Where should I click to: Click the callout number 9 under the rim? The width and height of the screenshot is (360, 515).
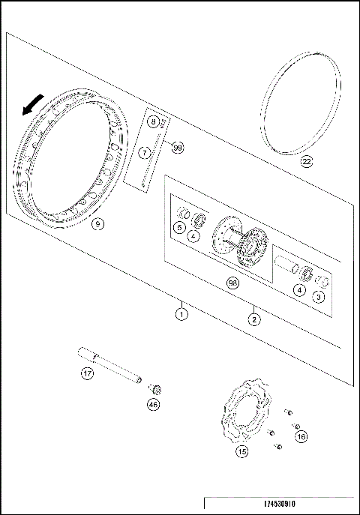[x=97, y=223]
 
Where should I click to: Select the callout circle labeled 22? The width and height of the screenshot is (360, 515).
[x=307, y=161]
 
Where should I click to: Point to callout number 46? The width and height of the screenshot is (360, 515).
[x=153, y=405]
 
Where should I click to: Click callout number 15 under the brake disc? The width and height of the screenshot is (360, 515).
[x=242, y=452]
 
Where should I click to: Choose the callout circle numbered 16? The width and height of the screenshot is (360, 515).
[x=301, y=436]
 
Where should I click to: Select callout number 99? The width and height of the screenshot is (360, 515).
[x=178, y=148]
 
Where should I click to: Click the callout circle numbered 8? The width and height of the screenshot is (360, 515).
[x=154, y=121]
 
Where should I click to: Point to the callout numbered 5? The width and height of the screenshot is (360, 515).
[x=180, y=227]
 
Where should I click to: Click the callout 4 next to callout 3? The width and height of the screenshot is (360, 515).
[x=299, y=290]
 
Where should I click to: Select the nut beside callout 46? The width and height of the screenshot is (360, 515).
[x=156, y=389]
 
